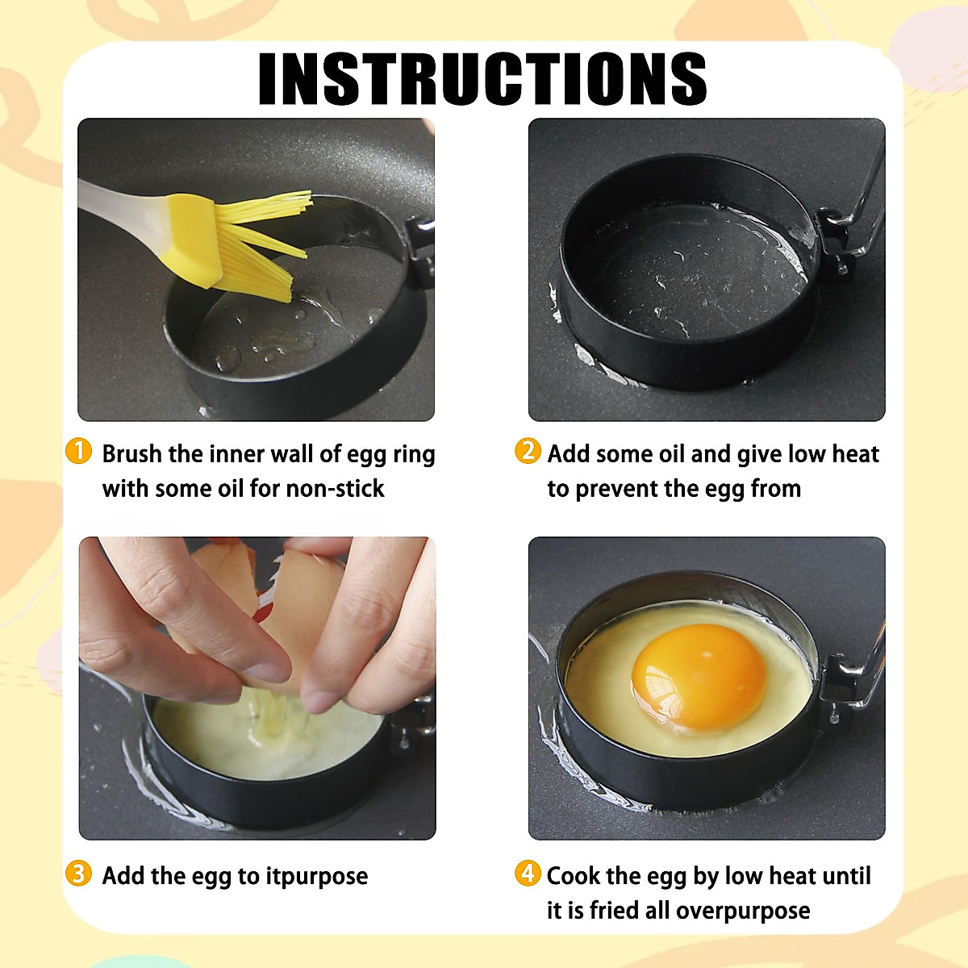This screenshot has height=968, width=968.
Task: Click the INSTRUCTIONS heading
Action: pyautogui.click(x=482, y=78)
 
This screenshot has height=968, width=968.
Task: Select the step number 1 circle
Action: pyautogui.click(x=78, y=451)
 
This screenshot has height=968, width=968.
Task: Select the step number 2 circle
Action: pyautogui.click(x=527, y=451)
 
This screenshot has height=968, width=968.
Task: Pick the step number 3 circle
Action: pyautogui.click(x=78, y=874)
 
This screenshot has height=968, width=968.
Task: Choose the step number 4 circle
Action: pyautogui.click(x=527, y=873)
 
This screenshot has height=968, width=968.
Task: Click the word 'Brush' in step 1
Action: pyautogui.click(x=132, y=454)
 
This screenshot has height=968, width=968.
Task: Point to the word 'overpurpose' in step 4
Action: pyautogui.click(x=742, y=912)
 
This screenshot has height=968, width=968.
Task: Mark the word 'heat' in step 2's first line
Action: pyautogui.click(x=855, y=454)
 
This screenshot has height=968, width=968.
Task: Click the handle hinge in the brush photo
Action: pyautogui.click(x=419, y=242)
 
